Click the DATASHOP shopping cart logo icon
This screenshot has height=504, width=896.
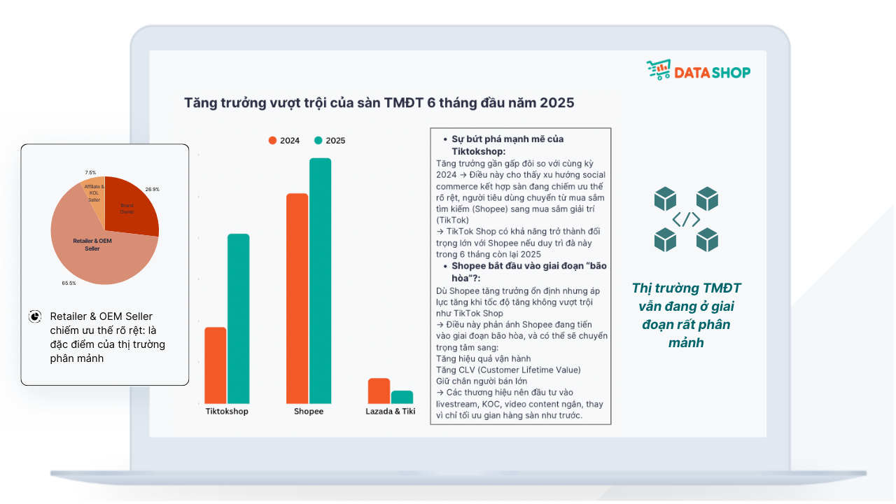pyautogui.click(x=658, y=70)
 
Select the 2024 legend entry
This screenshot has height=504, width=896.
pyautogui.click(x=284, y=140)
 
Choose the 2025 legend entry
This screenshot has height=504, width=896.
pyautogui.click(x=330, y=140)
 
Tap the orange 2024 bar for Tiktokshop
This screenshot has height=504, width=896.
pyautogui.click(x=216, y=365)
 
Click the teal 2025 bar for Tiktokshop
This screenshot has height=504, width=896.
pyautogui.click(x=238, y=318)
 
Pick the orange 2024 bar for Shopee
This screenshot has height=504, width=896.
pyautogui.click(x=297, y=298)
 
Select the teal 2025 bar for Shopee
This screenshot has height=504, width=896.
pyautogui.click(x=320, y=281)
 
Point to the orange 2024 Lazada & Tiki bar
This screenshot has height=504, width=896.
pyautogui.click(x=379, y=391)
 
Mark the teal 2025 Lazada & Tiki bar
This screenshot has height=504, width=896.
pyautogui.click(x=402, y=397)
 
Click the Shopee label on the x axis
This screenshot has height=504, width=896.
pyautogui.click(x=309, y=412)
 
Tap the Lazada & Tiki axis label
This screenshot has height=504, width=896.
pyautogui.click(x=390, y=412)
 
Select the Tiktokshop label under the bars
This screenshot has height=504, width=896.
pyautogui.click(x=227, y=412)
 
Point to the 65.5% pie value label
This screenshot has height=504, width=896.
pyautogui.click(x=69, y=283)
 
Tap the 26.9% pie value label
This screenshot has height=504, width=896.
pyautogui.click(x=152, y=189)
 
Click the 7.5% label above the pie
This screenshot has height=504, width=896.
pyautogui.click(x=90, y=172)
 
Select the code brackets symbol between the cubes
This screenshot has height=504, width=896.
pyautogui.click(x=686, y=220)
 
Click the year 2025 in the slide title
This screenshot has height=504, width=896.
pyautogui.click(x=554, y=103)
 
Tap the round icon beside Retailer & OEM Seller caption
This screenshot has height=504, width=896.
pyautogui.click(x=35, y=316)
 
